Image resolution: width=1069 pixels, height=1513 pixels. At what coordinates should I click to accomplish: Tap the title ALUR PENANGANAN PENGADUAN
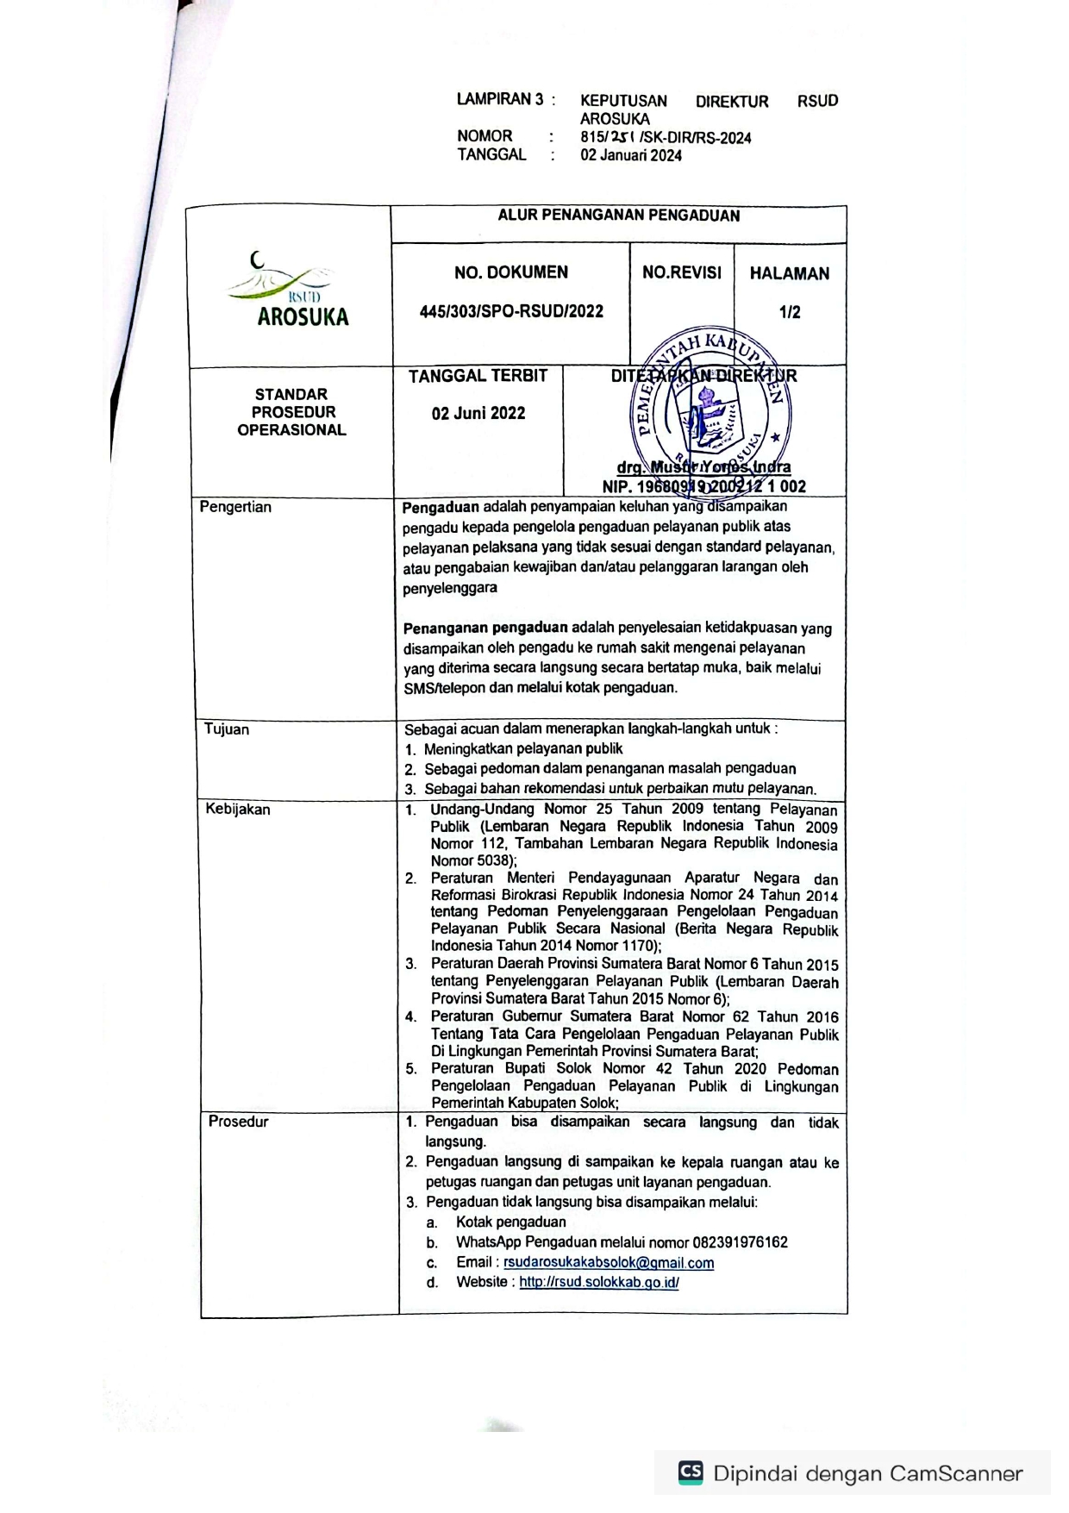(x=618, y=216)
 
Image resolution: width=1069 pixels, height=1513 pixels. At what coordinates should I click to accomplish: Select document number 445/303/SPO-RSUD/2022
(x=511, y=311)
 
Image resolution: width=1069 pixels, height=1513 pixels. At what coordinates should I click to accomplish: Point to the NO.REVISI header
(x=682, y=272)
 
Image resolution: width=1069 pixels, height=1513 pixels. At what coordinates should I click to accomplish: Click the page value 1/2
(x=790, y=312)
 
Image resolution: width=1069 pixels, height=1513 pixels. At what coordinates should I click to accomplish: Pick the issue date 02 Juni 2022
(x=478, y=413)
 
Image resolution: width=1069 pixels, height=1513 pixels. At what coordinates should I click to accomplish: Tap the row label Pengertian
(x=235, y=507)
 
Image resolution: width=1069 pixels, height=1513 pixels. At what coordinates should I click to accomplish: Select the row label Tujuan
(x=227, y=729)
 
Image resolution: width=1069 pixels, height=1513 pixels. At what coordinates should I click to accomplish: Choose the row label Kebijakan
(x=238, y=810)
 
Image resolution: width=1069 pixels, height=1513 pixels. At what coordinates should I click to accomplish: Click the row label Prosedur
(x=238, y=1122)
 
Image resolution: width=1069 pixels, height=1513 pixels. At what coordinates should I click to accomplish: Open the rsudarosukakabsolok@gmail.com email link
(x=609, y=1263)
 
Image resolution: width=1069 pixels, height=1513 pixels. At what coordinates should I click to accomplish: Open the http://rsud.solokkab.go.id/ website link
(x=599, y=1282)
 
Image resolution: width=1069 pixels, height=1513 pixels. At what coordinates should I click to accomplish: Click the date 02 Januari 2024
(x=631, y=156)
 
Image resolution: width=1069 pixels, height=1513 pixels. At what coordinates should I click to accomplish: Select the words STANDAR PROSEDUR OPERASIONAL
(x=291, y=412)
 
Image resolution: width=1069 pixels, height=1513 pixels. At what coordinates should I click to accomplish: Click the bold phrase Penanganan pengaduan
(x=485, y=628)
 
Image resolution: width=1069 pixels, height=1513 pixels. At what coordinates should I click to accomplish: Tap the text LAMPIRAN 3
(x=500, y=100)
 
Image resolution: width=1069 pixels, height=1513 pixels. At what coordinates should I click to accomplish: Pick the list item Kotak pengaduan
(x=511, y=1222)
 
